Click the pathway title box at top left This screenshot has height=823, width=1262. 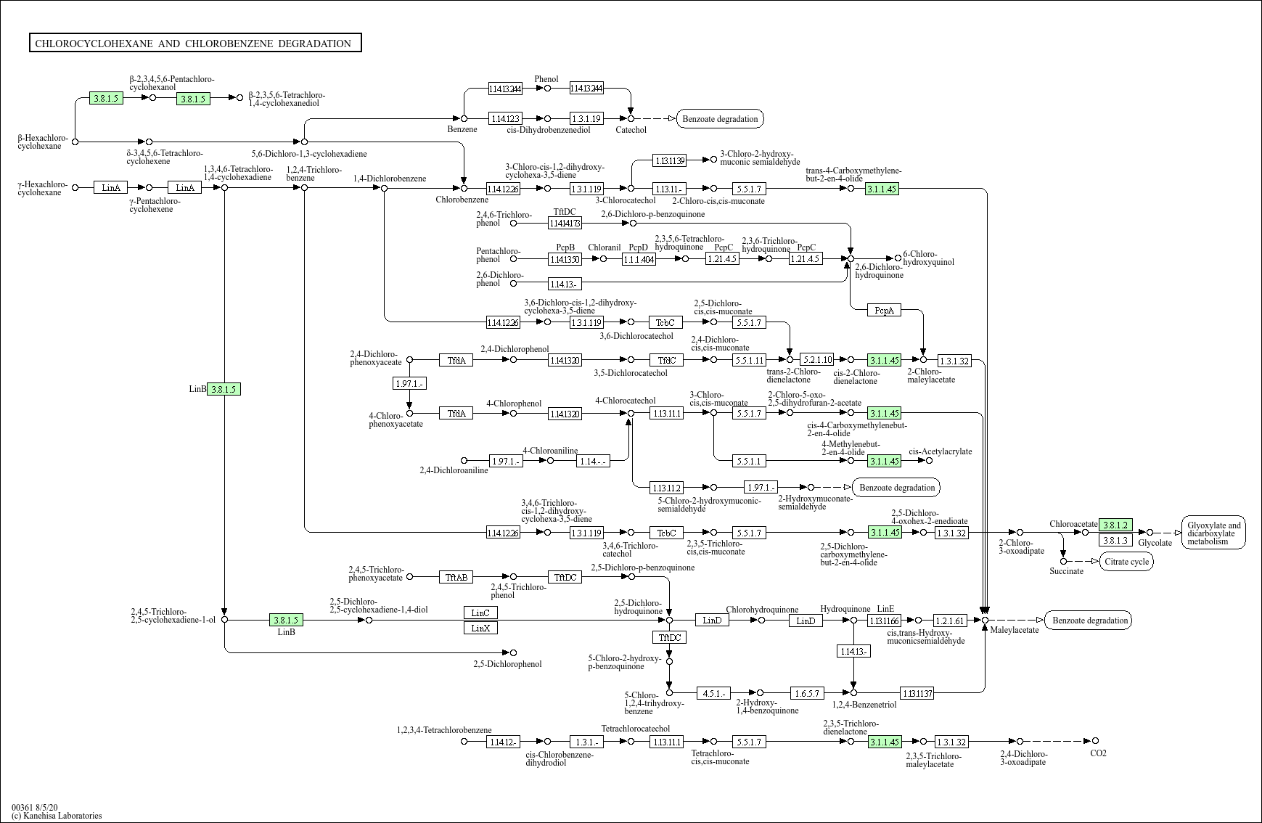coord(194,43)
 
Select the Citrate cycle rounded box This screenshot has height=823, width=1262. coord(1126,561)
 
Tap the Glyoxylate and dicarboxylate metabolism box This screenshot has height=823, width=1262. coord(1213,533)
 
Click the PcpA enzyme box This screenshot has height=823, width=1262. coord(884,310)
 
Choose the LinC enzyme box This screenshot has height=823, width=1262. coord(480,613)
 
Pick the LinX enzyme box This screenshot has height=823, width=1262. coord(480,628)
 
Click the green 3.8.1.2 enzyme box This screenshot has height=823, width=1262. coord(1115,525)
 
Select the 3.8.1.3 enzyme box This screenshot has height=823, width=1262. coord(1115,540)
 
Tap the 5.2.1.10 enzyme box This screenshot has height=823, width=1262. coord(817,359)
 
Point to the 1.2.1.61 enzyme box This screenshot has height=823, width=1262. coord(950,621)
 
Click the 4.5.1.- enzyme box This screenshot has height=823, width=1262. coord(714,693)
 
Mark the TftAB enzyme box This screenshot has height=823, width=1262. coord(456,577)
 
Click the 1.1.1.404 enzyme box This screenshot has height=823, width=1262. coord(639,258)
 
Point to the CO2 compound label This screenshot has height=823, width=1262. coord(1098,753)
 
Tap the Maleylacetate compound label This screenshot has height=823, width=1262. coord(1015,630)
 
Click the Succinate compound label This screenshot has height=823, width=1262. coord(1066,571)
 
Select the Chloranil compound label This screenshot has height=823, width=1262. coord(604,247)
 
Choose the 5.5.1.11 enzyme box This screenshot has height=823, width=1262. coord(749,359)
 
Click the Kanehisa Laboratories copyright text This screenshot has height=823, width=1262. coord(57,816)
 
